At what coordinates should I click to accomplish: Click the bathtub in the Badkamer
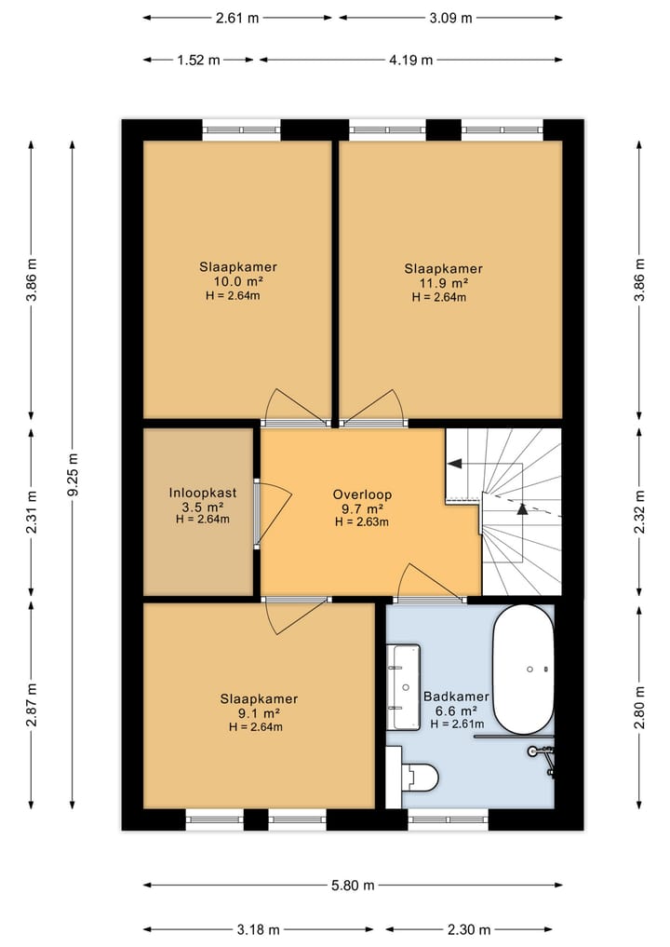pos(523,670)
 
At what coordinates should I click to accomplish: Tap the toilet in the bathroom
pos(420,777)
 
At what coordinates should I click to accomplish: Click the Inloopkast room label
pos(203,493)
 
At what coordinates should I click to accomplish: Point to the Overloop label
pos(362,494)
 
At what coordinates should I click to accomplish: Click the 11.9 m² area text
pos(444,283)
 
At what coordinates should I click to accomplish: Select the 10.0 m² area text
pos(238,281)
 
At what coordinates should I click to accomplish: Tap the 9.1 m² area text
pos(259,713)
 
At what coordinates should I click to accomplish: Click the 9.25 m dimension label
pos(73,475)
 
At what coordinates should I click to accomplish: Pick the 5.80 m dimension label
pos(353,886)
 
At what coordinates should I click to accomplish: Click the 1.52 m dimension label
pos(198,60)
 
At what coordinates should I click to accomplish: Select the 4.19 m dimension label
pos(410,60)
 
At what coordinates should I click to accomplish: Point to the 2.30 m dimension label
pos(468,929)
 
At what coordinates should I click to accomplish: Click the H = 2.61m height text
pos(457,724)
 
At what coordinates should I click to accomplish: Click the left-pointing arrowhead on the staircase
pos(454,464)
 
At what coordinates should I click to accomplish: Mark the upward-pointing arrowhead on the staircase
pos(523,508)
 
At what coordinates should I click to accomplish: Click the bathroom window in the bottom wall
pos(449,819)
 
